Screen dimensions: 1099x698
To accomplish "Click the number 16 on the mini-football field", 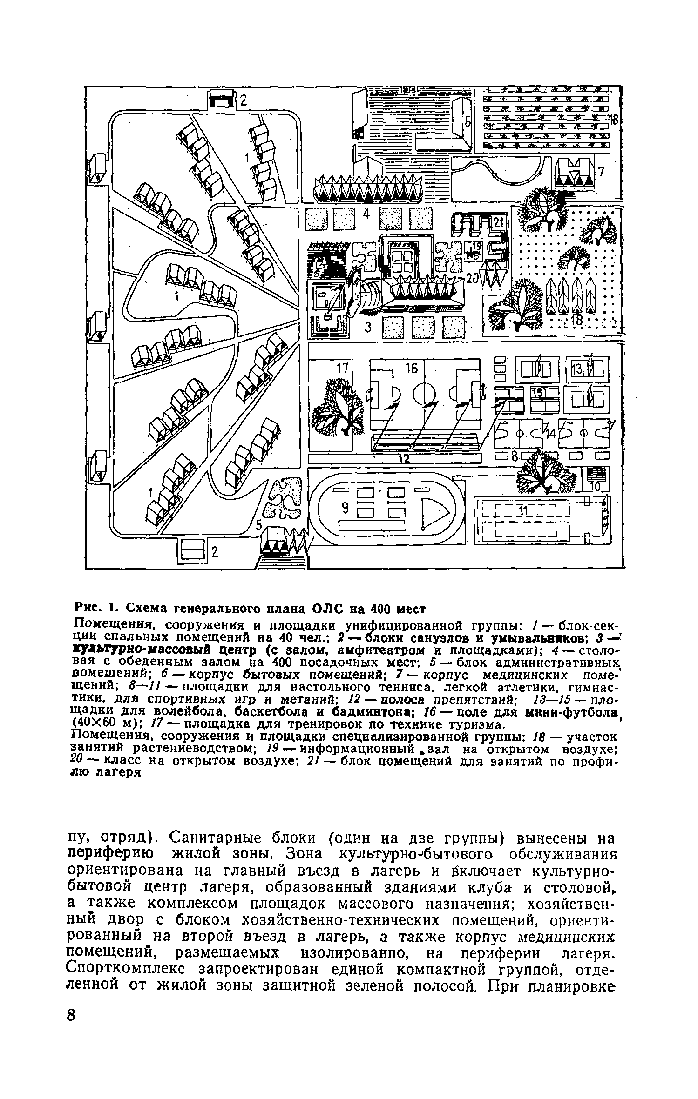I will [x=412, y=369].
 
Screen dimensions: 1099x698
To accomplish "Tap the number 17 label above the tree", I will [x=343, y=369].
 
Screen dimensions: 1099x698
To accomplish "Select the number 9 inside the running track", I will [x=345, y=509].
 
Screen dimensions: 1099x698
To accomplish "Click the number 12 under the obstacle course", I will [x=403, y=459].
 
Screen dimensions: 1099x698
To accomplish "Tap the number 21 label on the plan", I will [x=499, y=223].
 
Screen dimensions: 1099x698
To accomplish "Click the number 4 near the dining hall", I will [x=366, y=214].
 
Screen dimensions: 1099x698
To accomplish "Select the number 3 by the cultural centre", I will [x=368, y=328].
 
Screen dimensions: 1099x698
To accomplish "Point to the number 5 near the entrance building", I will [x=259, y=525].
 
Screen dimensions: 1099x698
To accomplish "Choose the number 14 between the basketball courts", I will [x=551, y=434].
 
